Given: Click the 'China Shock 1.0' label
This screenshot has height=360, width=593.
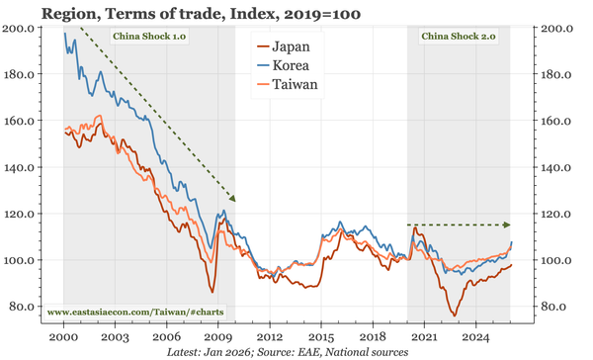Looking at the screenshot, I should click(150, 37).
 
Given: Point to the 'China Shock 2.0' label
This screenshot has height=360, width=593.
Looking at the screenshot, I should click(458, 37).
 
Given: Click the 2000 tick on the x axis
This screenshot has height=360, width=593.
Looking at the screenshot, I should click(63, 323).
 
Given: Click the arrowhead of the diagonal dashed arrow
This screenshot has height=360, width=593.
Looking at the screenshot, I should click(233, 199).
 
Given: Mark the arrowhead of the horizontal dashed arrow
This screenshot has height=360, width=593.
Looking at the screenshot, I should click(510, 225).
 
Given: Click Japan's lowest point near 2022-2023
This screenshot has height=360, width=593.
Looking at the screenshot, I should click(454, 315).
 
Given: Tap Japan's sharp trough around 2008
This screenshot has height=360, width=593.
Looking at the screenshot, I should click(212, 292).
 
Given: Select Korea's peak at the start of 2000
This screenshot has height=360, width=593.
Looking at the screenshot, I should click(65, 34).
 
